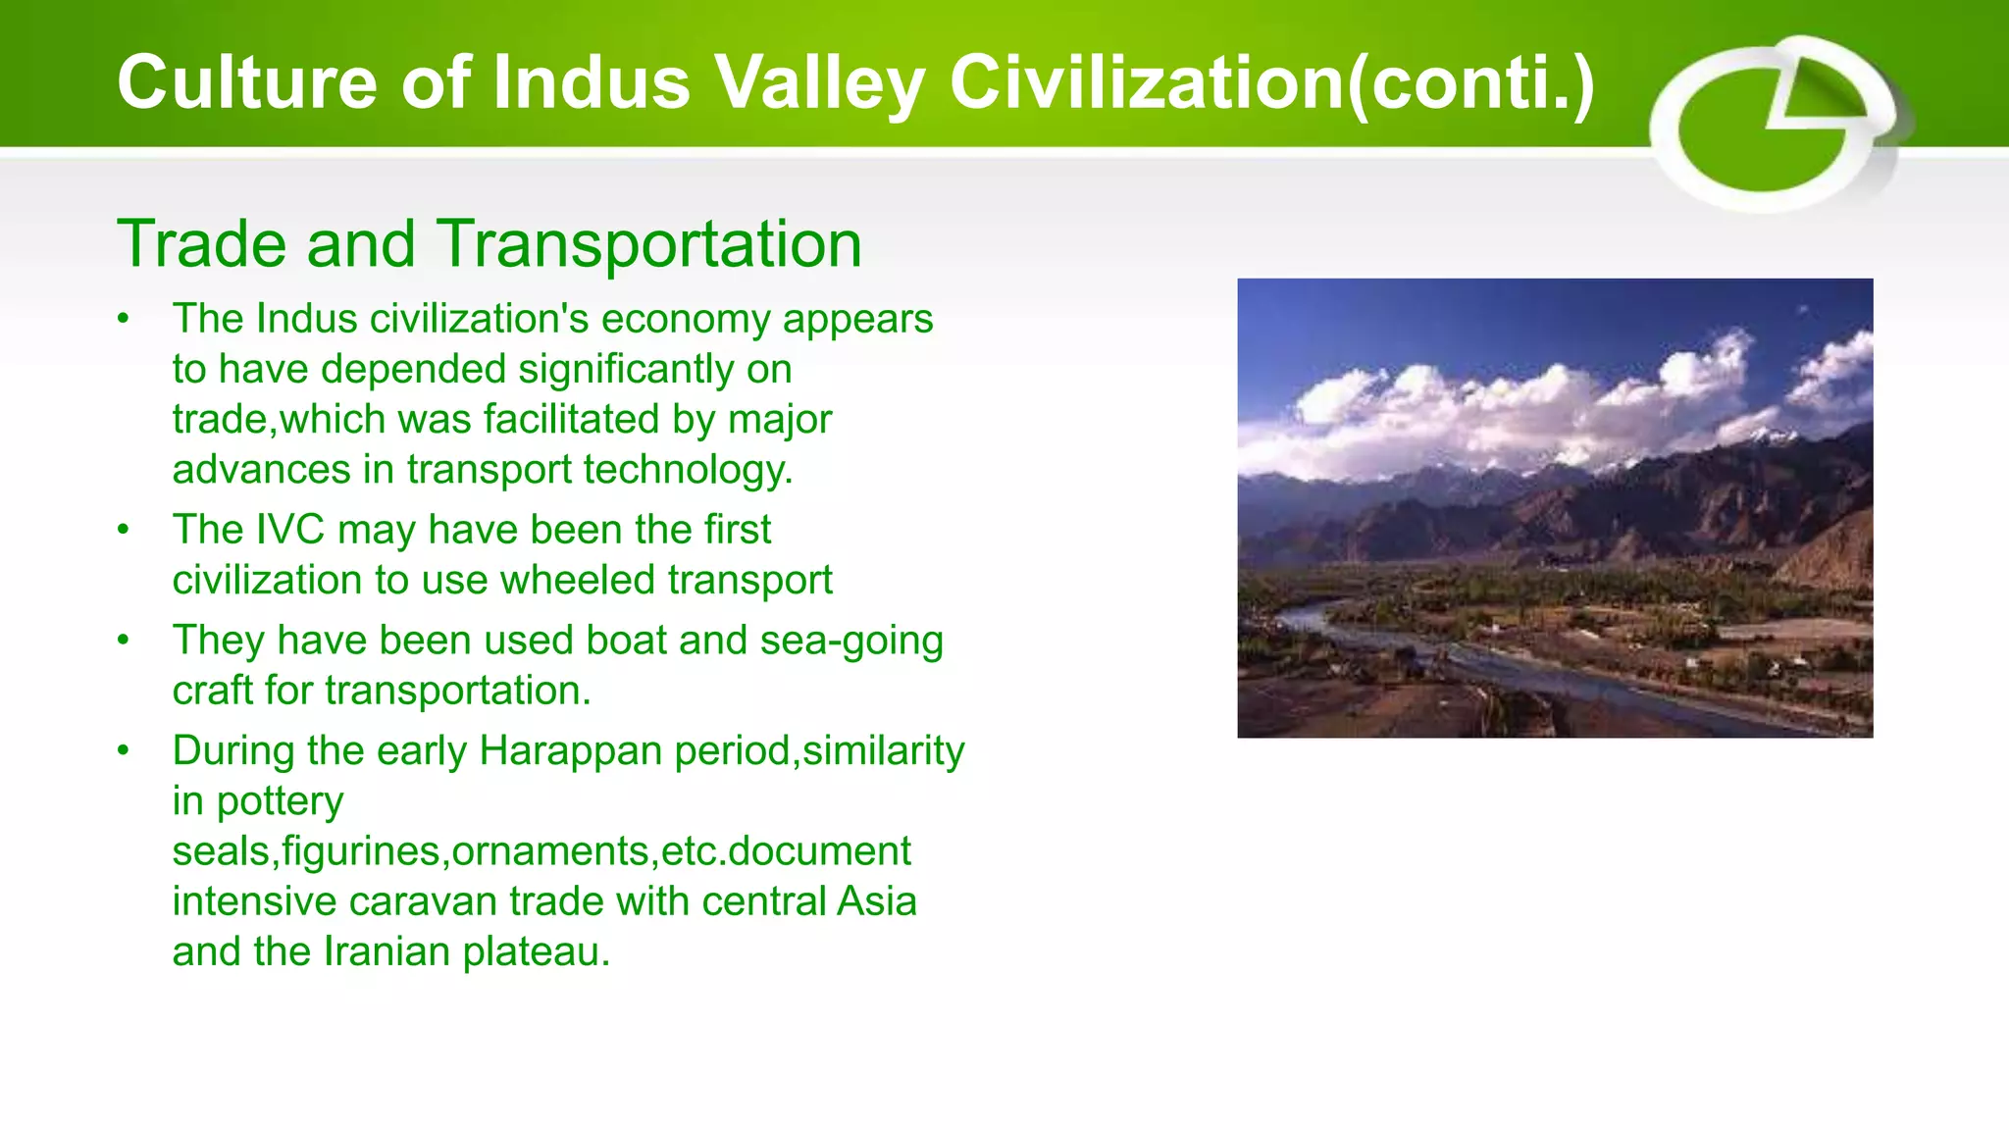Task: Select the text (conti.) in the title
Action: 1470,82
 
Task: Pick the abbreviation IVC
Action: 289,530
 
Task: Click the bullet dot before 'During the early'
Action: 123,751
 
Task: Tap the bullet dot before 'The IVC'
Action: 123,530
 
